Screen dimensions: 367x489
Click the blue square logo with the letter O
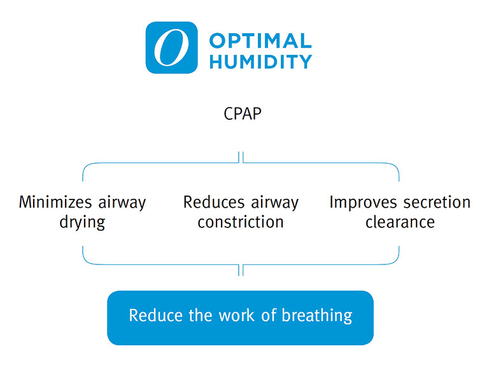pyautogui.click(x=171, y=48)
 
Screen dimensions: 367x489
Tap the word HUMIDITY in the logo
pyautogui.click(x=260, y=61)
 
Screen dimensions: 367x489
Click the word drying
pyautogui.click(x=83, y=222)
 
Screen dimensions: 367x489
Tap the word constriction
pyautogui.click(x=241, y=222)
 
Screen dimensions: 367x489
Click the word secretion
pyautogui.click(x=436, y=203)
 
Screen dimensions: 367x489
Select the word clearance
pyautogui.click(x=400, y=222)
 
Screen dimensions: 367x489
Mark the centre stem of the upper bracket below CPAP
pyautogui.click(x=241, y=157)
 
